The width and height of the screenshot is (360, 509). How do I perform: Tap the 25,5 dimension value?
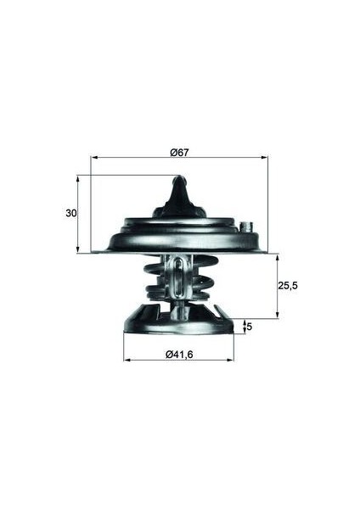(x=288, y=287)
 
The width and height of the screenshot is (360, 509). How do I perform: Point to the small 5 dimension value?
(x=249, y=326)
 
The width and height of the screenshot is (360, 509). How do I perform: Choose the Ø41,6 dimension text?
(x=179, y=353)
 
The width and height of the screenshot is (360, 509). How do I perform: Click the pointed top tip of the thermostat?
(x=178, y=179)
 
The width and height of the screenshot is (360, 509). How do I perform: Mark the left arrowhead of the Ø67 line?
(x=93, y=158)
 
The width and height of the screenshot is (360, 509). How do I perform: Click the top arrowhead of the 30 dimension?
(x=78, y=178)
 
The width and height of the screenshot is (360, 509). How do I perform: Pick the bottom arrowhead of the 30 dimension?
(x=78, y=250)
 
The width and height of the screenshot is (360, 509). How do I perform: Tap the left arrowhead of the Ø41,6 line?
(x=127, y=360)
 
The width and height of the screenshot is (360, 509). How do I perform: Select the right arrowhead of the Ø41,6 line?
(x=231, y=360)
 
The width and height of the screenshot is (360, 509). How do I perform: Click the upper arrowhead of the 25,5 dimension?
(x=277, y=256)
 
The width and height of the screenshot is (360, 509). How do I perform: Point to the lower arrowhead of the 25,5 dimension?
(x=277, y=316)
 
